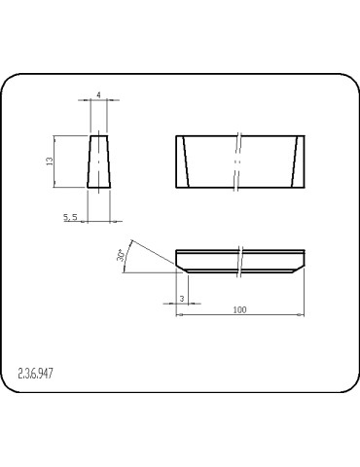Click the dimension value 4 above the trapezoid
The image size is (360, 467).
pyautogui.click(x=99, y=95)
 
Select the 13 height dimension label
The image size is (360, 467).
pyautogui.click(x=50, y=162)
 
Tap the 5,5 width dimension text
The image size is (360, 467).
pyautogui.click(x=70, y=217)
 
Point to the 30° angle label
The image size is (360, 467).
pyautogui.click(x=120, y=255)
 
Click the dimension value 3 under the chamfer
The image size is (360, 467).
pyautogui.click(x=182, y=299)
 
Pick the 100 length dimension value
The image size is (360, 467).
pyautogui.click(x=239, y=309)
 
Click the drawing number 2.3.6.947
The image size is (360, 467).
pyautogui.click(x=35, y=374)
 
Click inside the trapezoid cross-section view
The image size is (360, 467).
pyautogui.click(x=98, y=162)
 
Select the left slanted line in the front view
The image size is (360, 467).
pyautogui.click(x=186, y=162)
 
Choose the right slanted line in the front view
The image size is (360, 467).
pyautogui.click(x=295, y=162)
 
